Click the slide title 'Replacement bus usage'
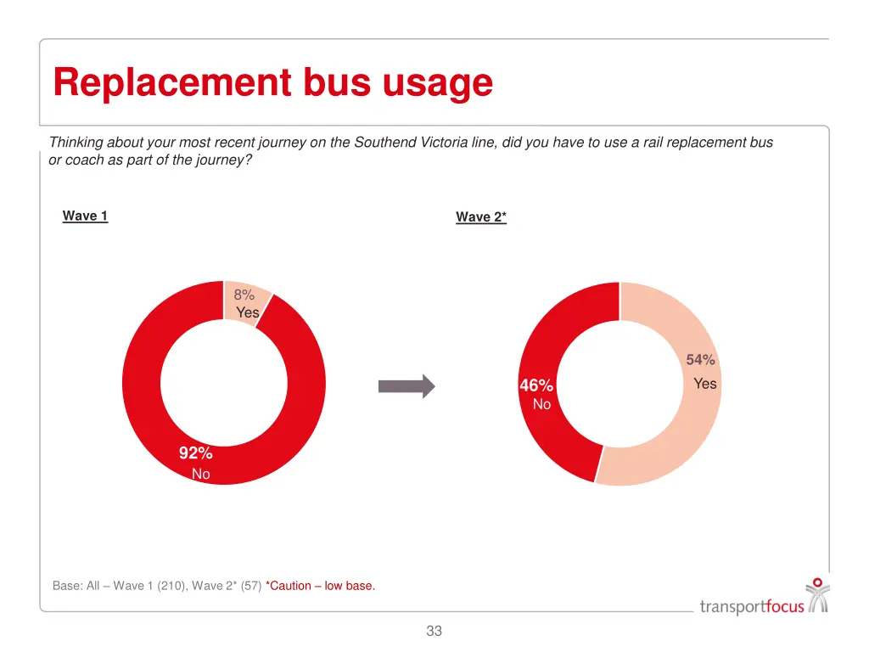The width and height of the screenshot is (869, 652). point(272,83)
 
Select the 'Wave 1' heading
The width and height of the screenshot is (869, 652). point(85,216)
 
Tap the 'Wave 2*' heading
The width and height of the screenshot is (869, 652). point(481,217)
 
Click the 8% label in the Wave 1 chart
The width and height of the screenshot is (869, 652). point(244,295)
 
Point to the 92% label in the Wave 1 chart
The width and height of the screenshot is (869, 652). point(195,453)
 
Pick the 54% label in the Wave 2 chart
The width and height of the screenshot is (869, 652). point(701,360)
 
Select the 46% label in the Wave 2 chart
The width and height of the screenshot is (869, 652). point(536,386)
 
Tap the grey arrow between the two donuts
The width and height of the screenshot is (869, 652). point(406,387)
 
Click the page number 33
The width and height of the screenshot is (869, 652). point(434,631)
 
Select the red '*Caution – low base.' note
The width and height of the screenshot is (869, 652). point(320,586)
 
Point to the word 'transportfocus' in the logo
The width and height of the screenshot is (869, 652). point(752,606)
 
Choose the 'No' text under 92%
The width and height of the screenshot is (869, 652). point(201,474)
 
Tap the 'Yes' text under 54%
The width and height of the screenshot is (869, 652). point(704,384)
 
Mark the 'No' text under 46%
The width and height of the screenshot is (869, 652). point(541,405)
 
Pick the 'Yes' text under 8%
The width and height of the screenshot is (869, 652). point(248,312)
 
